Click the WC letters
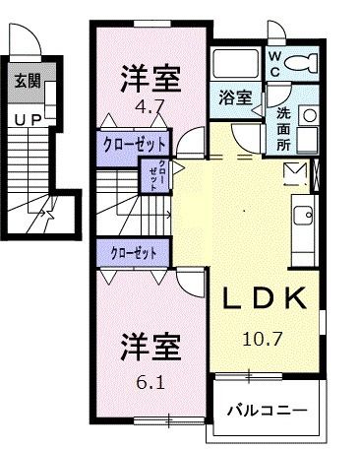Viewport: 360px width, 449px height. tap(274, 64)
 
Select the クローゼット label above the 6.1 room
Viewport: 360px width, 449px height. tap(135, 253)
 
